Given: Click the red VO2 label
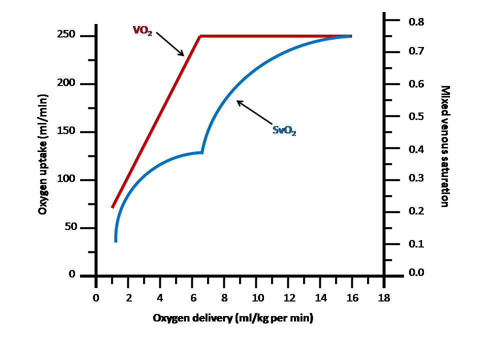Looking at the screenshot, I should tap(142, 30).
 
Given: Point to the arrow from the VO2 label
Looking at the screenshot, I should tap(170, 44).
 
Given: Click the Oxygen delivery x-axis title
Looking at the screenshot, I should tap(233, 318).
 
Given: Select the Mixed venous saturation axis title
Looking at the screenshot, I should tap(444, 146).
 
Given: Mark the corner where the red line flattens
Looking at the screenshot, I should tap(200, 36).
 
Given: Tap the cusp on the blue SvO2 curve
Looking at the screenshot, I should tap(201, 152).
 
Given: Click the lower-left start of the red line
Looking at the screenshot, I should tap(112, 206).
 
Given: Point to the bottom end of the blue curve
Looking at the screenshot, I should tap(116, 241).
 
